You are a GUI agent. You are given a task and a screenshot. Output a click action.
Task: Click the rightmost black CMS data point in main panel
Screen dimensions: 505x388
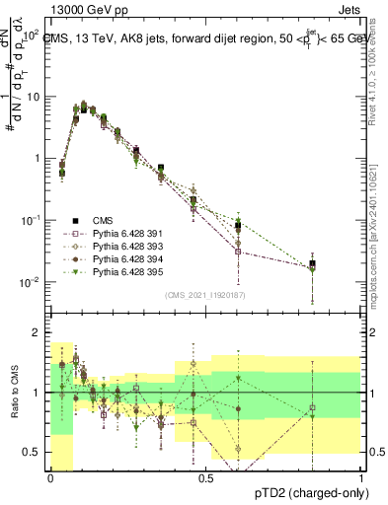pos(312,264)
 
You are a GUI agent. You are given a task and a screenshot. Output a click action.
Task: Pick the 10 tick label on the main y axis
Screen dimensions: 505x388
pos(34,97)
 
